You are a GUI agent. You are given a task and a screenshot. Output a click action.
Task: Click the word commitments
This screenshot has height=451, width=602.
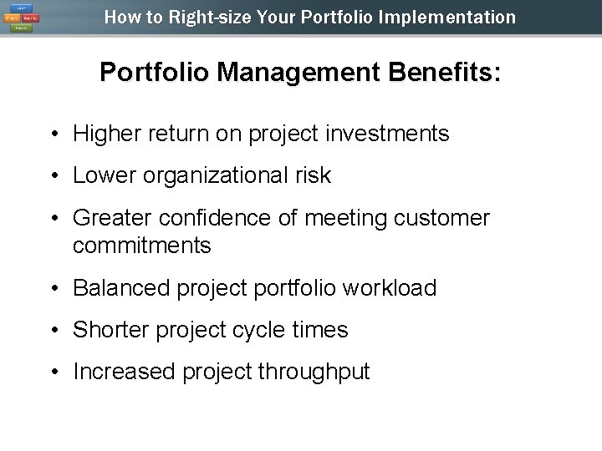click(142, 246)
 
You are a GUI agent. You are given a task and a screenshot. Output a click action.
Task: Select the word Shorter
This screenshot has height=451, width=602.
click(107, 330)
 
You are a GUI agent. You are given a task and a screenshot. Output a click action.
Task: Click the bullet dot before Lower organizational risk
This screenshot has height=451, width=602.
click(53, 176)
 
